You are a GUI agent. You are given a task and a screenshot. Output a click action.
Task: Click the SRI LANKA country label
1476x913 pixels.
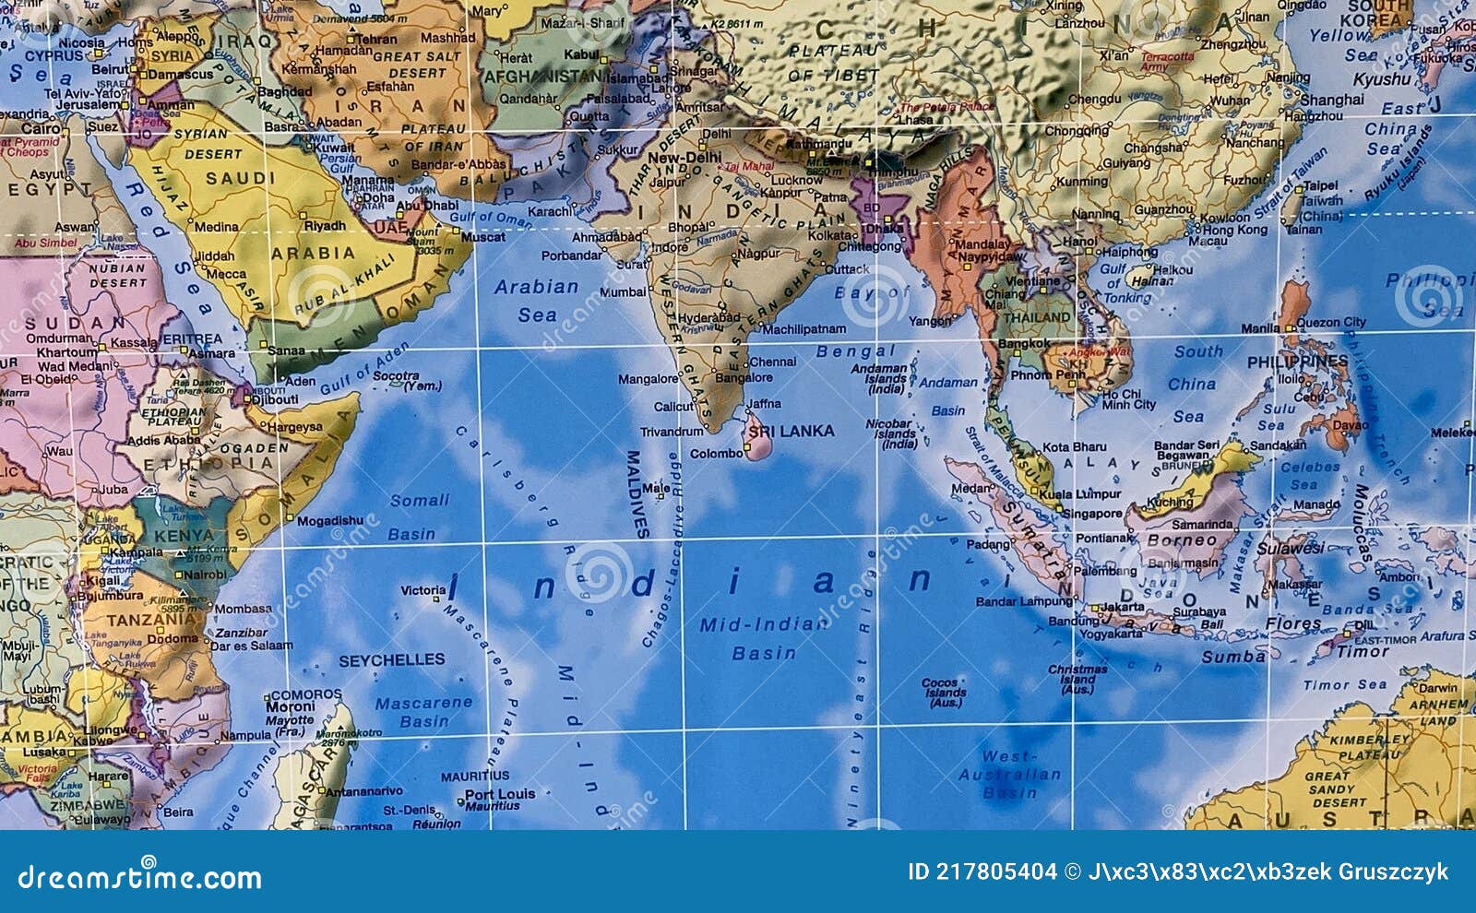point(791,431)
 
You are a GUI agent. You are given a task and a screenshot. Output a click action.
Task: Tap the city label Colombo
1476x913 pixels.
point(716,454)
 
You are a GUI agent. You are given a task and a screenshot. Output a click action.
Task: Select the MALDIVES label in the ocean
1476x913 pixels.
point(635,493)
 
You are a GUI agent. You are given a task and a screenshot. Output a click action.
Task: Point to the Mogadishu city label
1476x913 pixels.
point(329,521)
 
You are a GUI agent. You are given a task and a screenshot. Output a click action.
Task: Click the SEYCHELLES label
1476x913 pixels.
point(391,660)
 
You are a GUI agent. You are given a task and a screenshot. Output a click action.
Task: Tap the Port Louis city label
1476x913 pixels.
point(499,794)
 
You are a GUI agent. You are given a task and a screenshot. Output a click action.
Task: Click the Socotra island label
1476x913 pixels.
point(396,376)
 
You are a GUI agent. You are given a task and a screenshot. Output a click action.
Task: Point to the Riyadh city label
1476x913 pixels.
point(325,226)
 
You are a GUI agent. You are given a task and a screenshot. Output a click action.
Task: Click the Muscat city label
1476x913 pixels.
point(482,237)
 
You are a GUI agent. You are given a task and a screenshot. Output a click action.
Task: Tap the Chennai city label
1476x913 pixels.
point(772,362)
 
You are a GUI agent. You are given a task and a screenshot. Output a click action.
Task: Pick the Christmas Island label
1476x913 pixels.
point(1077,679)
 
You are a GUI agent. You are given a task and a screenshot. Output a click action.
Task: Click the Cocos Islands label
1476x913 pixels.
point(946,693)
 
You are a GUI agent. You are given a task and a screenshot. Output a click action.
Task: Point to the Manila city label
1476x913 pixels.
point(1260,328)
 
